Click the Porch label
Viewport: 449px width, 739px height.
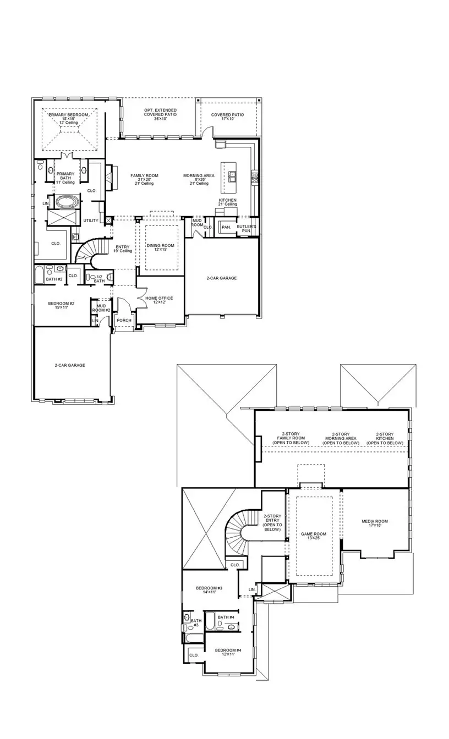pos(124,320)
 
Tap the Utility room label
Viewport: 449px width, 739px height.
pos(91,220)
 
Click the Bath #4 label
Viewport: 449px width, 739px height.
pos(226,617)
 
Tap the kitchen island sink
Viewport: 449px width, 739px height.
pos(233,176)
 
